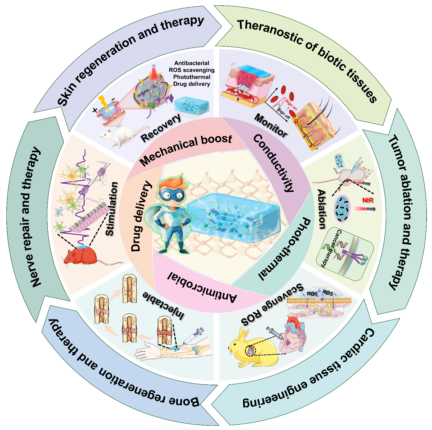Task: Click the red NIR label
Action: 368,200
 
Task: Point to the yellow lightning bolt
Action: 104,102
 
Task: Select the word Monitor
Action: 271,125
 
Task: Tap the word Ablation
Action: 322,209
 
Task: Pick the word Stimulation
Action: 112,208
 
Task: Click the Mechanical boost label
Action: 186,150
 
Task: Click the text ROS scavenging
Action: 192,70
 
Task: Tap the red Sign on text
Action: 291,104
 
